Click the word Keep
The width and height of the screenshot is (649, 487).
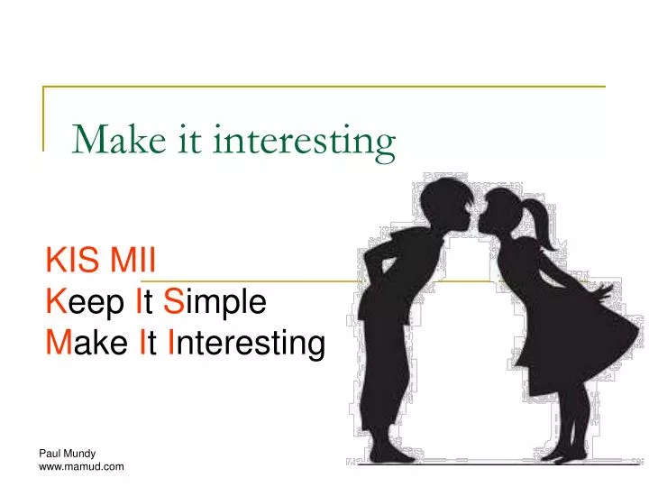(x=87, y=302)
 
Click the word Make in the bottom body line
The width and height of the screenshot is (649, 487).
(x=88, y=343)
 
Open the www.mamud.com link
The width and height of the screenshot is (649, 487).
(x=82, y=466)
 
